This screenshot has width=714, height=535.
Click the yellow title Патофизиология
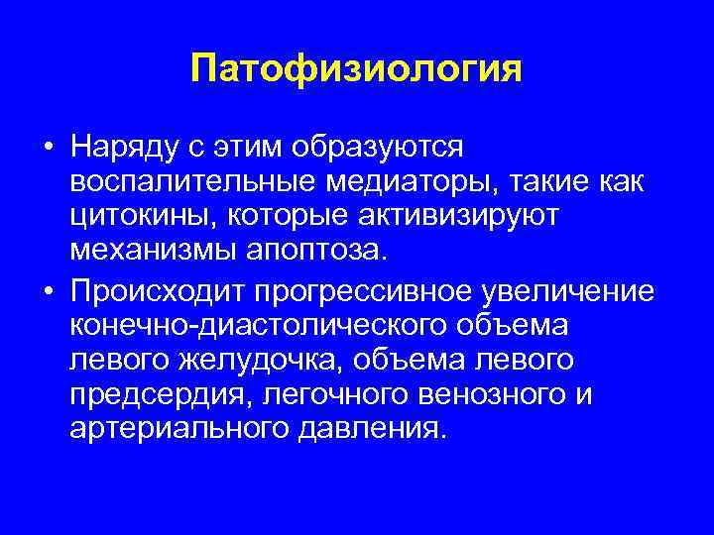pyautogui.click(x=356, y=70)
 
